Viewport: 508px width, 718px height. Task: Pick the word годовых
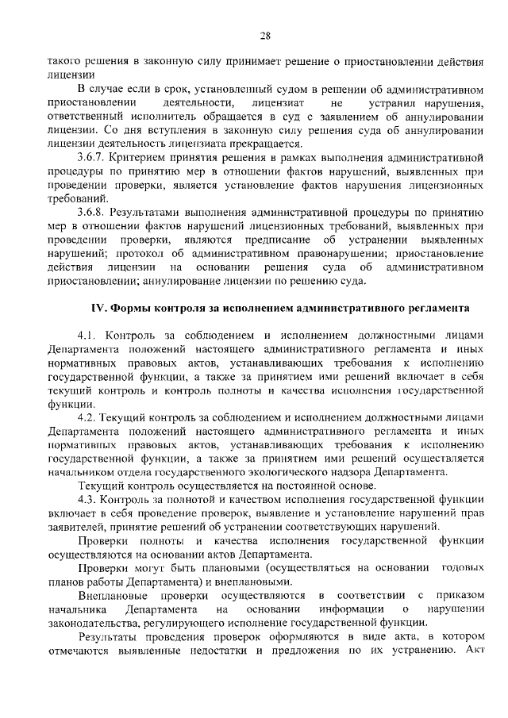coord(461,567)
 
